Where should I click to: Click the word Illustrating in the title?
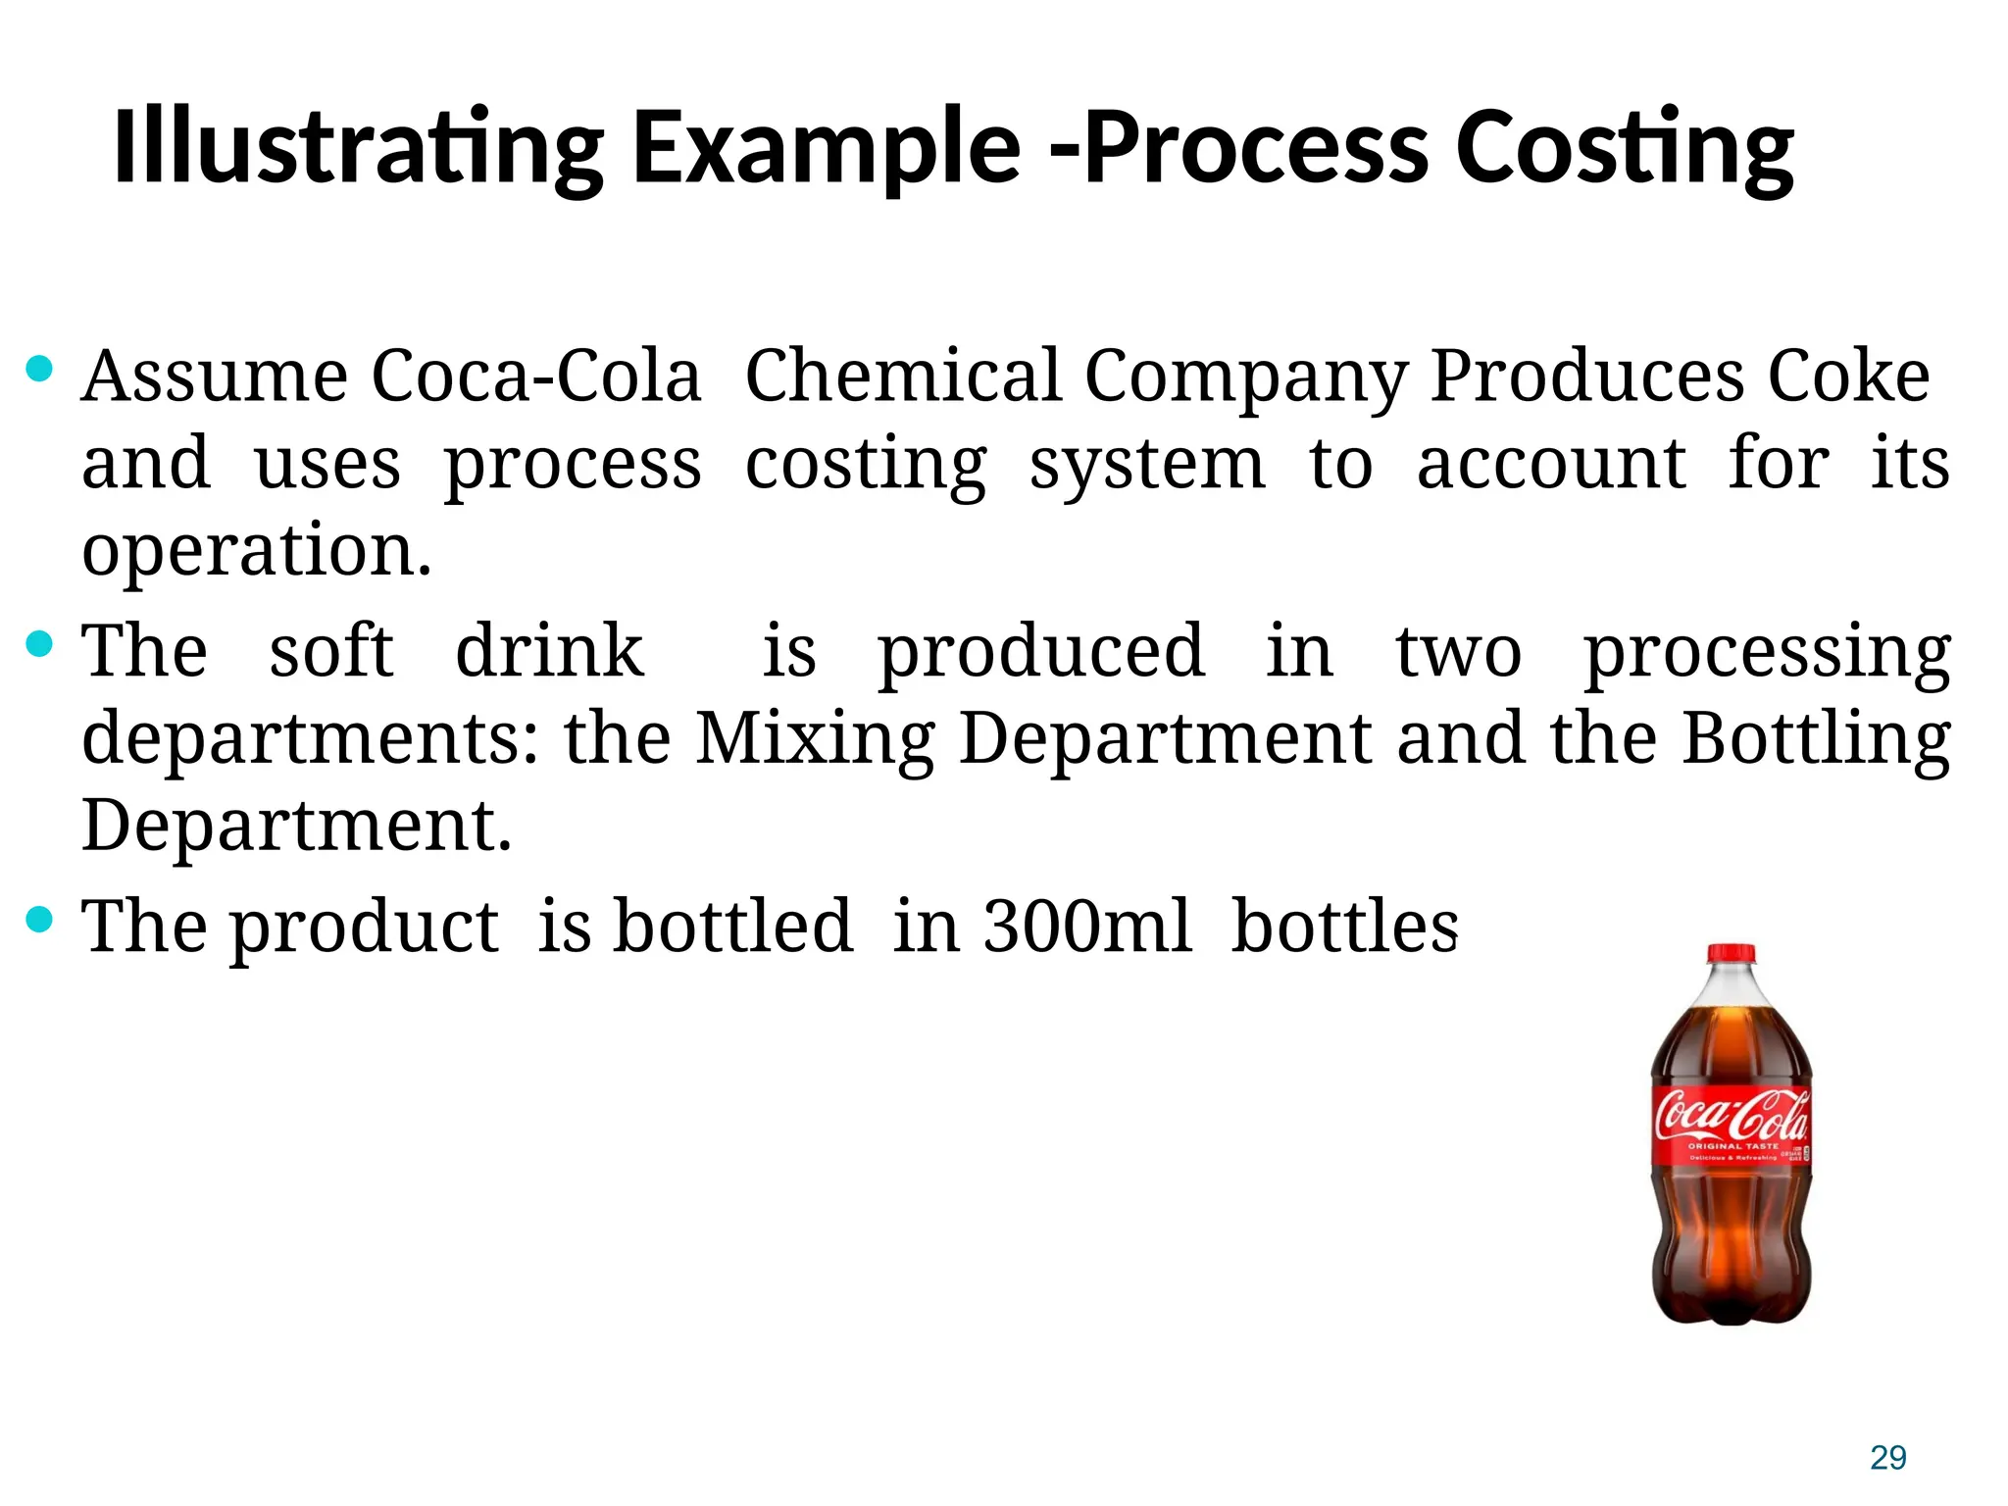[358, 148]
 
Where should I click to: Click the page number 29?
[1887, 1458]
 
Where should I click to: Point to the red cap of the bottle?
[1732, 954]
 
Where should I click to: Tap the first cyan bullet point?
[39, 369]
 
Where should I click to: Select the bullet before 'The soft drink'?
[39, 644]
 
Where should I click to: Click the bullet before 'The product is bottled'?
[39, 920]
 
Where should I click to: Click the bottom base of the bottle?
[1732, 1309]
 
